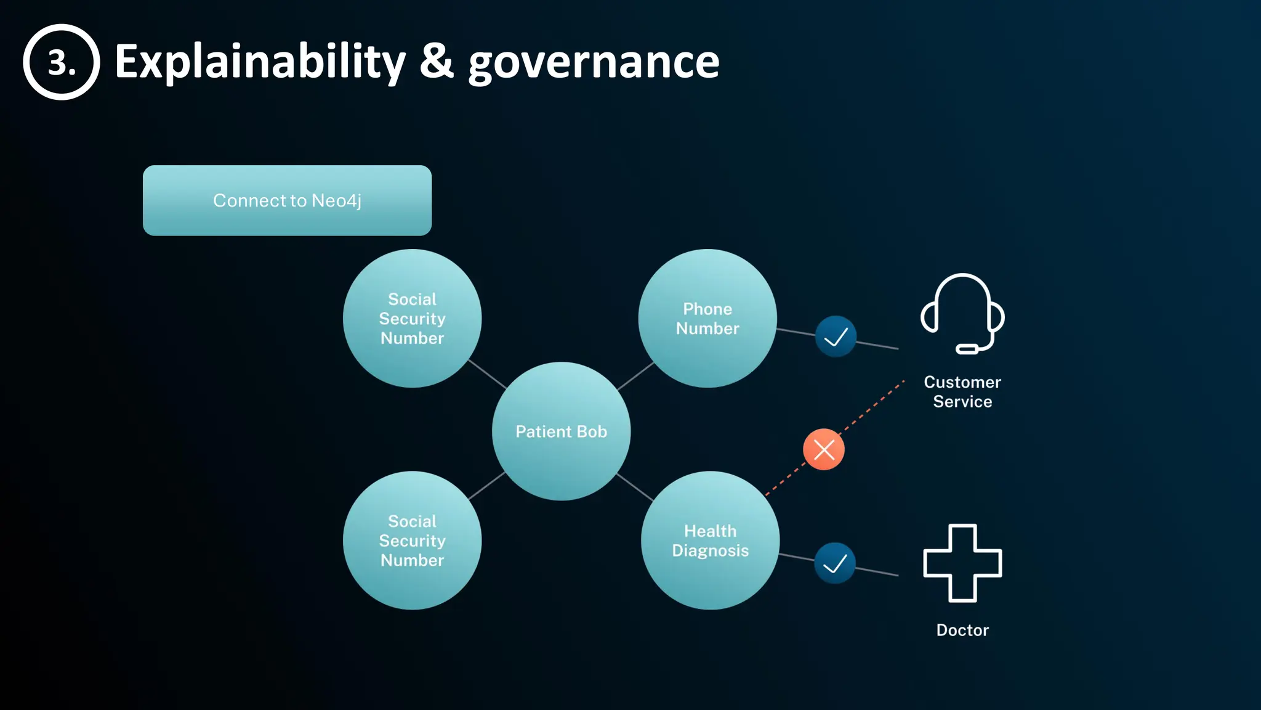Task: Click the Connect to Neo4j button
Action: (x=287, y=200)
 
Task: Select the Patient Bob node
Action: (x=561, y=431)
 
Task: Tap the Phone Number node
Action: (x=707, y=318)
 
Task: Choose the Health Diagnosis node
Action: (x=710, y=541)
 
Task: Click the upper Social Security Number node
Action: (x=412, y=318)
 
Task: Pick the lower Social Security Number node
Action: (x=412, y=541)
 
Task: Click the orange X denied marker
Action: (x=823, y=449)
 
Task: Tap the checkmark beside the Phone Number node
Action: (x=836, y=337)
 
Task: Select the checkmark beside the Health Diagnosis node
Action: (x=834, y=563)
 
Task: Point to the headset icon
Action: (x=962, y=313)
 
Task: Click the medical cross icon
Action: (x=962, y=563)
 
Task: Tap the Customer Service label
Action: (x=962, y=392)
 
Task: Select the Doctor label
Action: (x=962, y=630)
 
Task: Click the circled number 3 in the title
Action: (x=62, y=62)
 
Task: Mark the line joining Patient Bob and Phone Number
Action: (x=635, y=375)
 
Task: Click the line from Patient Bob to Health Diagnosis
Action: (x=635, y=487)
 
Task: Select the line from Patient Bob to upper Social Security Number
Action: (x=487, y=374)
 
